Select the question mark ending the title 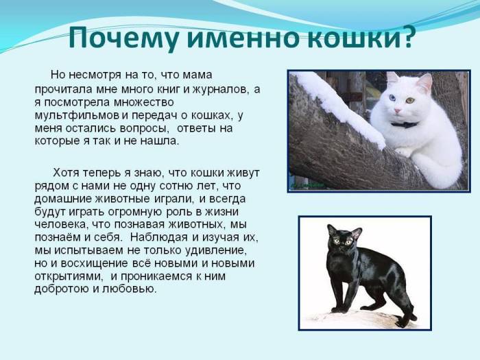click(406, 38)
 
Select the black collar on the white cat click(404, 125)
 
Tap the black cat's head click(344, 239)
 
